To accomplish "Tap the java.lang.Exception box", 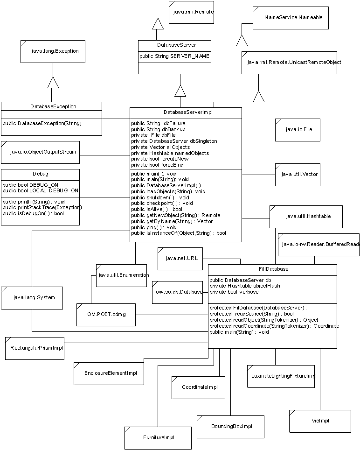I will tap(52, 51).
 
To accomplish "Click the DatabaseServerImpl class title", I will tap(185, 112).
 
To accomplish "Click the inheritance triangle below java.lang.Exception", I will tap(53, 83).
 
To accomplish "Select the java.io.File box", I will tap(298, 128).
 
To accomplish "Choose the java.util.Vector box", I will tap(298, 175).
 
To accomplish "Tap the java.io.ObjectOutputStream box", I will tap(39, 152).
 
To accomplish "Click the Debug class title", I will tap(40, 174).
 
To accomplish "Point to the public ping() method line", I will tap(154, 227).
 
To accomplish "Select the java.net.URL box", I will tap(180, 258).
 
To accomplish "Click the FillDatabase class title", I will tap(272, 269).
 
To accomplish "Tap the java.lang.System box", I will tap(31, 297).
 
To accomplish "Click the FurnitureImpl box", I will tap(158, 437).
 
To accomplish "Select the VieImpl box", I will tap(320, 421).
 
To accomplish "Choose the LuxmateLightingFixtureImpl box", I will tap(281, 376).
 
